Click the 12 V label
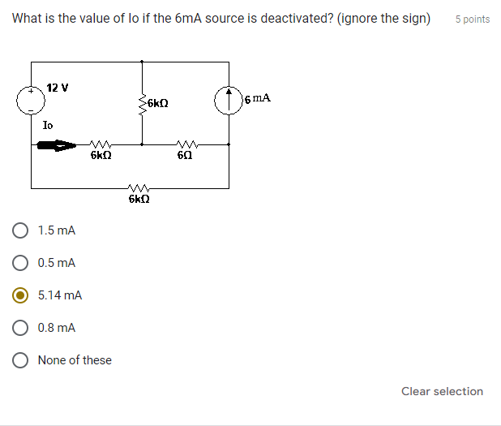coord(58,87)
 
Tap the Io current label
coord(48,125)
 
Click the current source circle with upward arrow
coord(228,99)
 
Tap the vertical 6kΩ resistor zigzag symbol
coord(143,104)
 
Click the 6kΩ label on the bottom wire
coord(139,198)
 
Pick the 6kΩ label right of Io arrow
coord(101,154)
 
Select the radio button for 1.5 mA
coord(22,230)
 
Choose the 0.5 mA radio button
coord(22,263)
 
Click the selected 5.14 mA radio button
coord(22,295)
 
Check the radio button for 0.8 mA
coord(22,328)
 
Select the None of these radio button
coord(22,360)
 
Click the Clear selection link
coord(442,391)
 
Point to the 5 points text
coord(472,19)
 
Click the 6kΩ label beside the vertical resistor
coord(158,103)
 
